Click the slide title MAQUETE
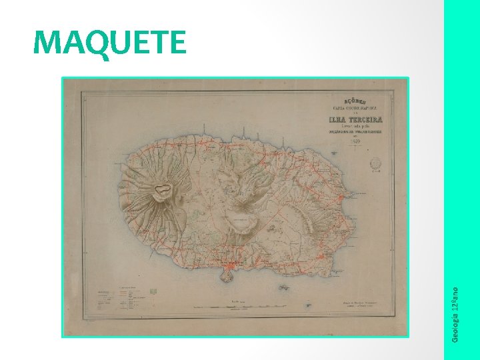(110, 43)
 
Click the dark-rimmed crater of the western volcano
(161, 192)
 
